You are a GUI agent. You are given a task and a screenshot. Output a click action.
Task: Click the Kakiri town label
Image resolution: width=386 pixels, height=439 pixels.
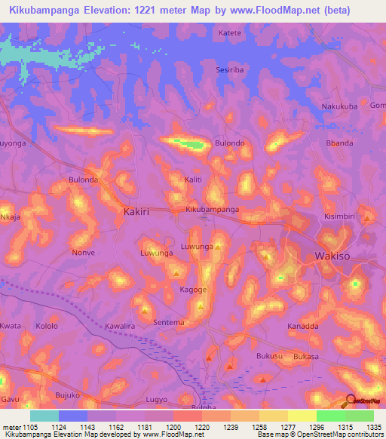[136, 212]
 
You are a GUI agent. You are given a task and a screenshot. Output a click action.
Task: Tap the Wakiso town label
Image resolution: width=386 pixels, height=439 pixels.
[331, 256]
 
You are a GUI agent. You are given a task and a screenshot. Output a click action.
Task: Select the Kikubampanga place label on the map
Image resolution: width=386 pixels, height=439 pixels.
[213, 209]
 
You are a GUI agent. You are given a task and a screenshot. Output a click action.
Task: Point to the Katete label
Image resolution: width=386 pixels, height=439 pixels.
[230, 33]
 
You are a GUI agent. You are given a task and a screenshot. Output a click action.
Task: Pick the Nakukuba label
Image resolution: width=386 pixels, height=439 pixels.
[339, 106]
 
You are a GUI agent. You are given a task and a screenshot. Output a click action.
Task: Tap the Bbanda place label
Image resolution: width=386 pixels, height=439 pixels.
[339, 143]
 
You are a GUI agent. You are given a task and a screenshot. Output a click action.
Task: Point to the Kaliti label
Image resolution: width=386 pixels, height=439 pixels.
[194, 180]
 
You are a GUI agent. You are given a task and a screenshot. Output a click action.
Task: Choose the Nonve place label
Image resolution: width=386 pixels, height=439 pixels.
[83, 253]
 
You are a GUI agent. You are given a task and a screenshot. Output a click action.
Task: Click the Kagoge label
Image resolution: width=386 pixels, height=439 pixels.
[193, 289]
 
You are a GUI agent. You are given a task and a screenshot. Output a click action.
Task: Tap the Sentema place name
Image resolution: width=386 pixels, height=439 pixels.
[169, 322]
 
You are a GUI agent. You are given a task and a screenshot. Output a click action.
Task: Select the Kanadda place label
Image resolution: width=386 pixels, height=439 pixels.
[303, 326]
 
